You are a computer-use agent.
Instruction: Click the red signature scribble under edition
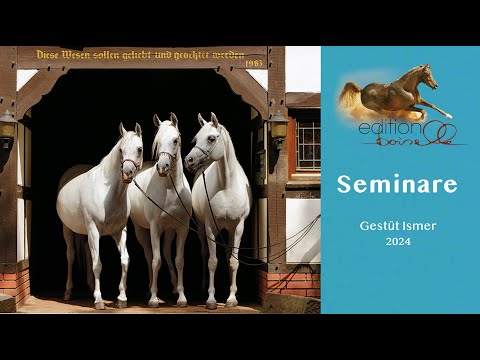click(420, 142)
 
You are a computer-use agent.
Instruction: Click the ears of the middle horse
click(165, 120)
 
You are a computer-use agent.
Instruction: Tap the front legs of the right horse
click(222, 270)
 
